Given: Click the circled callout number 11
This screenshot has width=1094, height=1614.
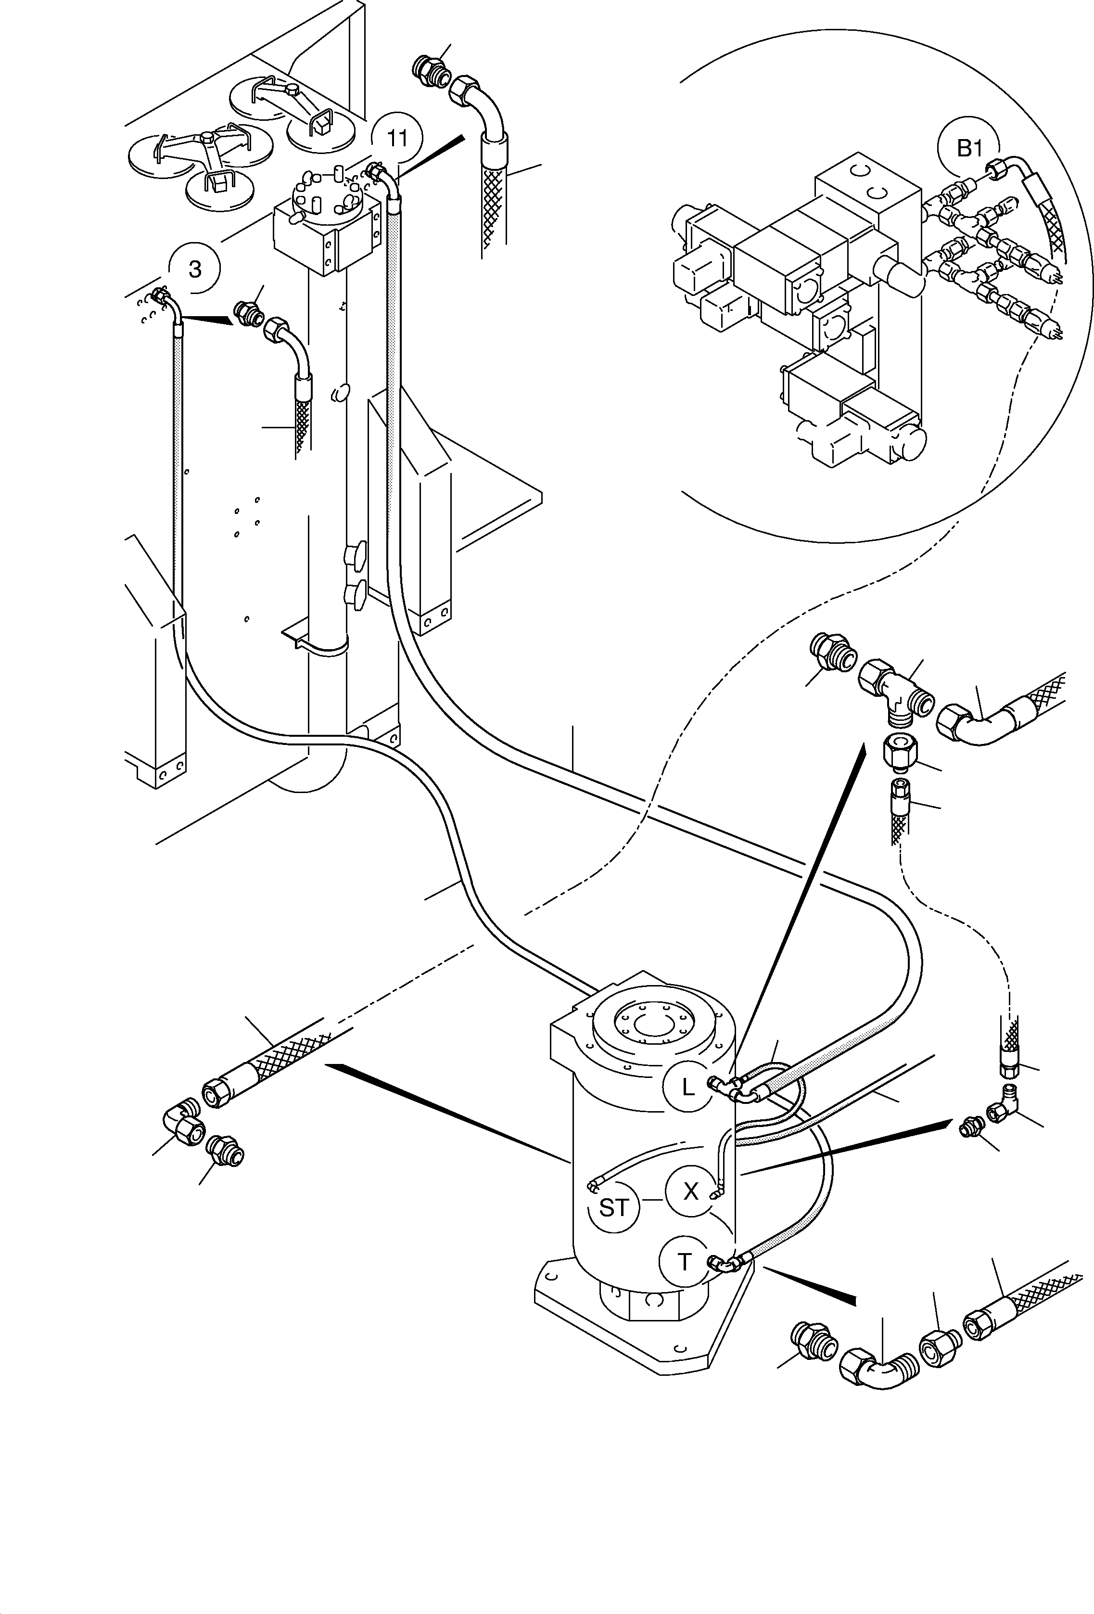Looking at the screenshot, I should pyautogui.click(x=396, y=138).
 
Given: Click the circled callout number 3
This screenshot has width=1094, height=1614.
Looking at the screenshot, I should pyautogui.click(x=195, y=269).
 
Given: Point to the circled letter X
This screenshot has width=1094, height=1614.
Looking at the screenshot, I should pyautogui.click(x=691, y=1192).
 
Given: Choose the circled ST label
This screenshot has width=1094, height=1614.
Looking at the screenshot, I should pyautogui.click(x=613, y=1208).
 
